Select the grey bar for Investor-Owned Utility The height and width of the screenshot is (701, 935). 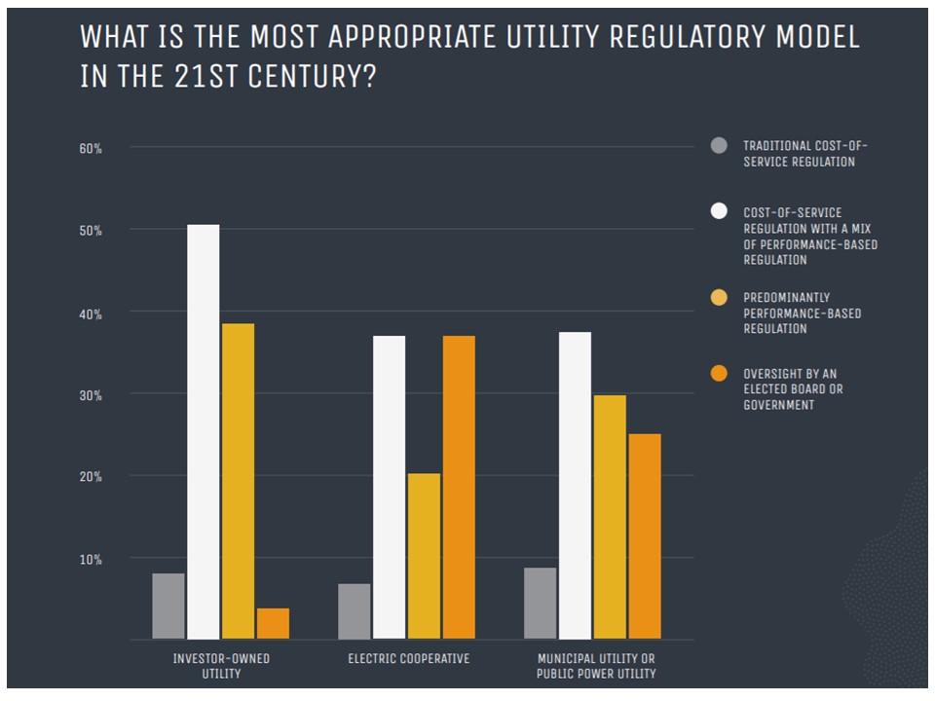click(x=168, y=606)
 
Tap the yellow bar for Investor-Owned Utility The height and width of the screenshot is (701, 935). click(x=238, y=481)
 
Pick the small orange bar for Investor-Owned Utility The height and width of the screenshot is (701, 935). click(x=273, y=623)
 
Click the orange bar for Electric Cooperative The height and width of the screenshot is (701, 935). click(x=459, y=487)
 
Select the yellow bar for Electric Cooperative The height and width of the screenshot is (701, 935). click(x=424, y=556)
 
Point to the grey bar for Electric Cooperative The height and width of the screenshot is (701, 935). click(x=355, y=610)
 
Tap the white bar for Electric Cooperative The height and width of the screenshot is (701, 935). click(x=389, y=487)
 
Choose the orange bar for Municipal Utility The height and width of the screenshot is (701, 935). click(x=644, y=535)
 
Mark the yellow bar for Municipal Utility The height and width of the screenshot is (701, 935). click(x=610, y=516)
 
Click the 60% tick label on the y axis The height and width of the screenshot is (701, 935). click(x=91, y=148)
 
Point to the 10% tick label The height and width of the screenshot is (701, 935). click(x=91, y=559)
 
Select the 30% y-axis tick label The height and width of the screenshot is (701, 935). click(x=91, y=394)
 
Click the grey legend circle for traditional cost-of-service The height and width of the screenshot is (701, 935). click(x=720, y=146)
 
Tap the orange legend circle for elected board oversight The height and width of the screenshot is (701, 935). click(x=720, y=374)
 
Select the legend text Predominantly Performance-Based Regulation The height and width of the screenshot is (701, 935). click(x=802, y=313)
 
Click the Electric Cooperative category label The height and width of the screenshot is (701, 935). click(x=408, y=659)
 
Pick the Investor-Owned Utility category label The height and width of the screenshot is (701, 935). click(x=221, y=666)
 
